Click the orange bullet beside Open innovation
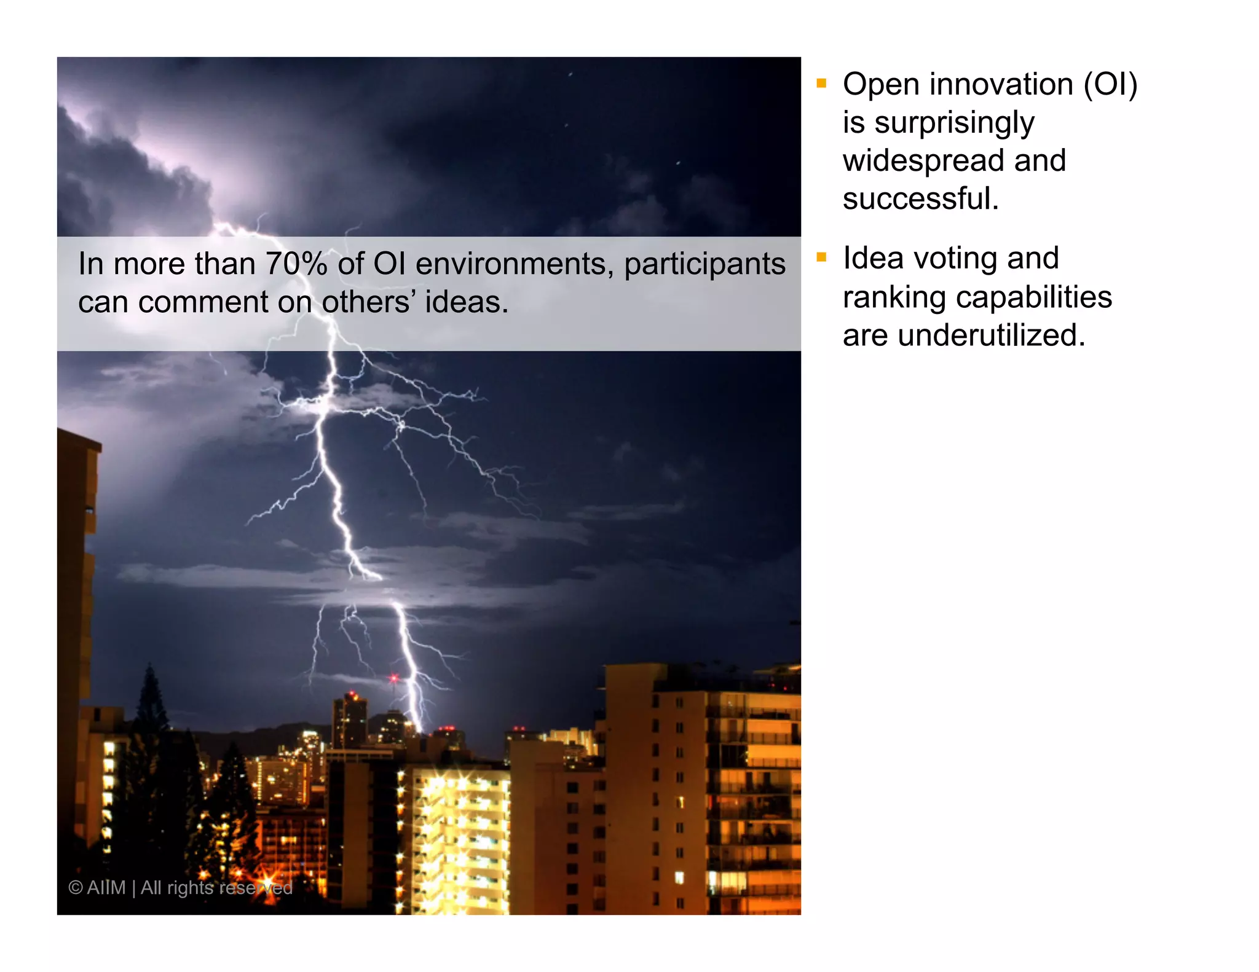coord(821,83)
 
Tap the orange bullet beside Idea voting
coord(821,257)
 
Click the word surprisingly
coord(954,123)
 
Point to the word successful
coord(920,198)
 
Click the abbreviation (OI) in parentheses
coord(1110,84)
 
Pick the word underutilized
coord(991,335)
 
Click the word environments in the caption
coord(515,264)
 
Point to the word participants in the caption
coord(704,264)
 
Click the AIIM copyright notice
coord(180,888)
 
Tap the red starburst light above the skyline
coord(394,678)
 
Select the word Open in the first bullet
coord(881,84)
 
